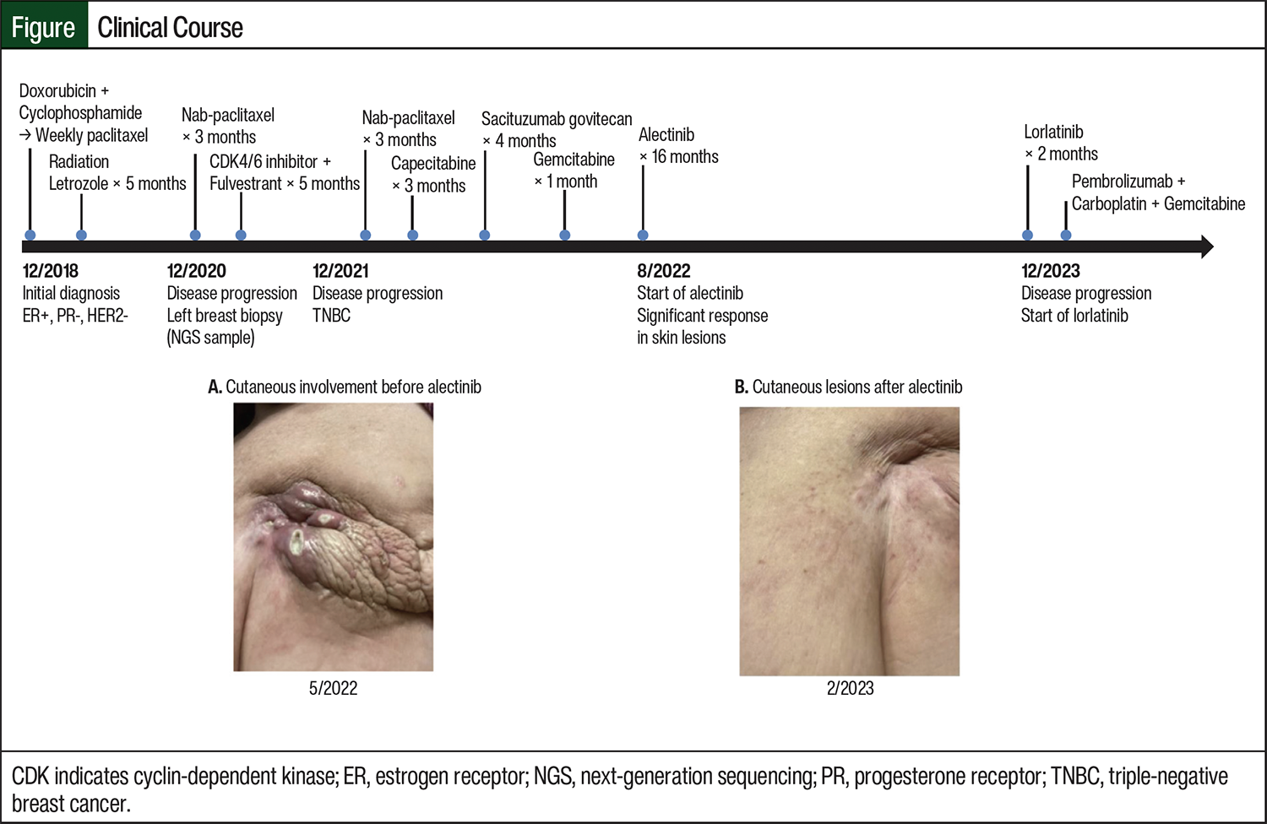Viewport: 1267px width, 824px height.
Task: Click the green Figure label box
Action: click(44, 27)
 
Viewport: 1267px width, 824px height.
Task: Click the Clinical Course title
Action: click(170, 27)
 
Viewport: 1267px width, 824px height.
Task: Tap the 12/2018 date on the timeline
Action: click(51, 271)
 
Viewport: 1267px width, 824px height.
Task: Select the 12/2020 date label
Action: click(196, 271)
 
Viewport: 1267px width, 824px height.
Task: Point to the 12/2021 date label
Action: click(340, 271)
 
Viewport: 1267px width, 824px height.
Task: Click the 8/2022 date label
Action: click(663, 271)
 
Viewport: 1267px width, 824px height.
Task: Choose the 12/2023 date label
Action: click(1050, 271)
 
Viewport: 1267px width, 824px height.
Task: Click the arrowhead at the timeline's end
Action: click(1206, 247)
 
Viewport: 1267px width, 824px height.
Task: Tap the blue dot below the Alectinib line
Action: click(643, 236)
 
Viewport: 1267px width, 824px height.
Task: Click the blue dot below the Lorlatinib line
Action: click(1027, 236)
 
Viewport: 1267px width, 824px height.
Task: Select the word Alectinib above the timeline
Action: click(666, 134)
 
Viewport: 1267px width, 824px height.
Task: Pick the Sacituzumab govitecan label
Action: click(557, 119)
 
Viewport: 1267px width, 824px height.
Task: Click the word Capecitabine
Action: click(433, 163)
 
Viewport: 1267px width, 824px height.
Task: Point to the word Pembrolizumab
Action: click(1122, 182)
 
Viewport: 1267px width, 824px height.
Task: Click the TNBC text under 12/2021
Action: click(331, 316)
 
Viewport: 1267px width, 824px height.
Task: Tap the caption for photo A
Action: click(345, 387)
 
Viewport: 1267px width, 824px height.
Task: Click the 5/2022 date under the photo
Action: click(333, 688)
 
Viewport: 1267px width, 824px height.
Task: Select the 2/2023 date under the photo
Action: click(850, 688)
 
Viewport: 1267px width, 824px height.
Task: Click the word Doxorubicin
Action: click(57, 90)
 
